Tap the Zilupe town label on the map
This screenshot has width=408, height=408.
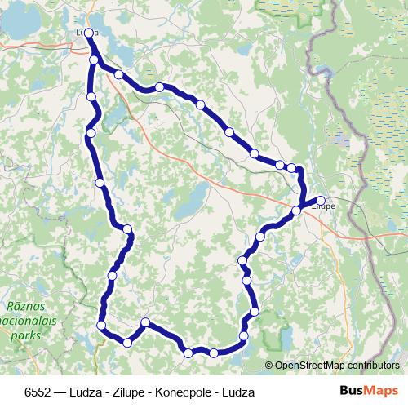point(324,207)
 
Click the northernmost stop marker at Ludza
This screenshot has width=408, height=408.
point(88,33)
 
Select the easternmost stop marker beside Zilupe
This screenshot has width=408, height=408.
point(321,200)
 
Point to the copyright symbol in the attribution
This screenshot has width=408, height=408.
point(268,366)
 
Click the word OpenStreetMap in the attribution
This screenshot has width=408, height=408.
point(308,366)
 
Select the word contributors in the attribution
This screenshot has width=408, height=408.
point(371,366)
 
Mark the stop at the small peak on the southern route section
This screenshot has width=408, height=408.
point(145,323)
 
